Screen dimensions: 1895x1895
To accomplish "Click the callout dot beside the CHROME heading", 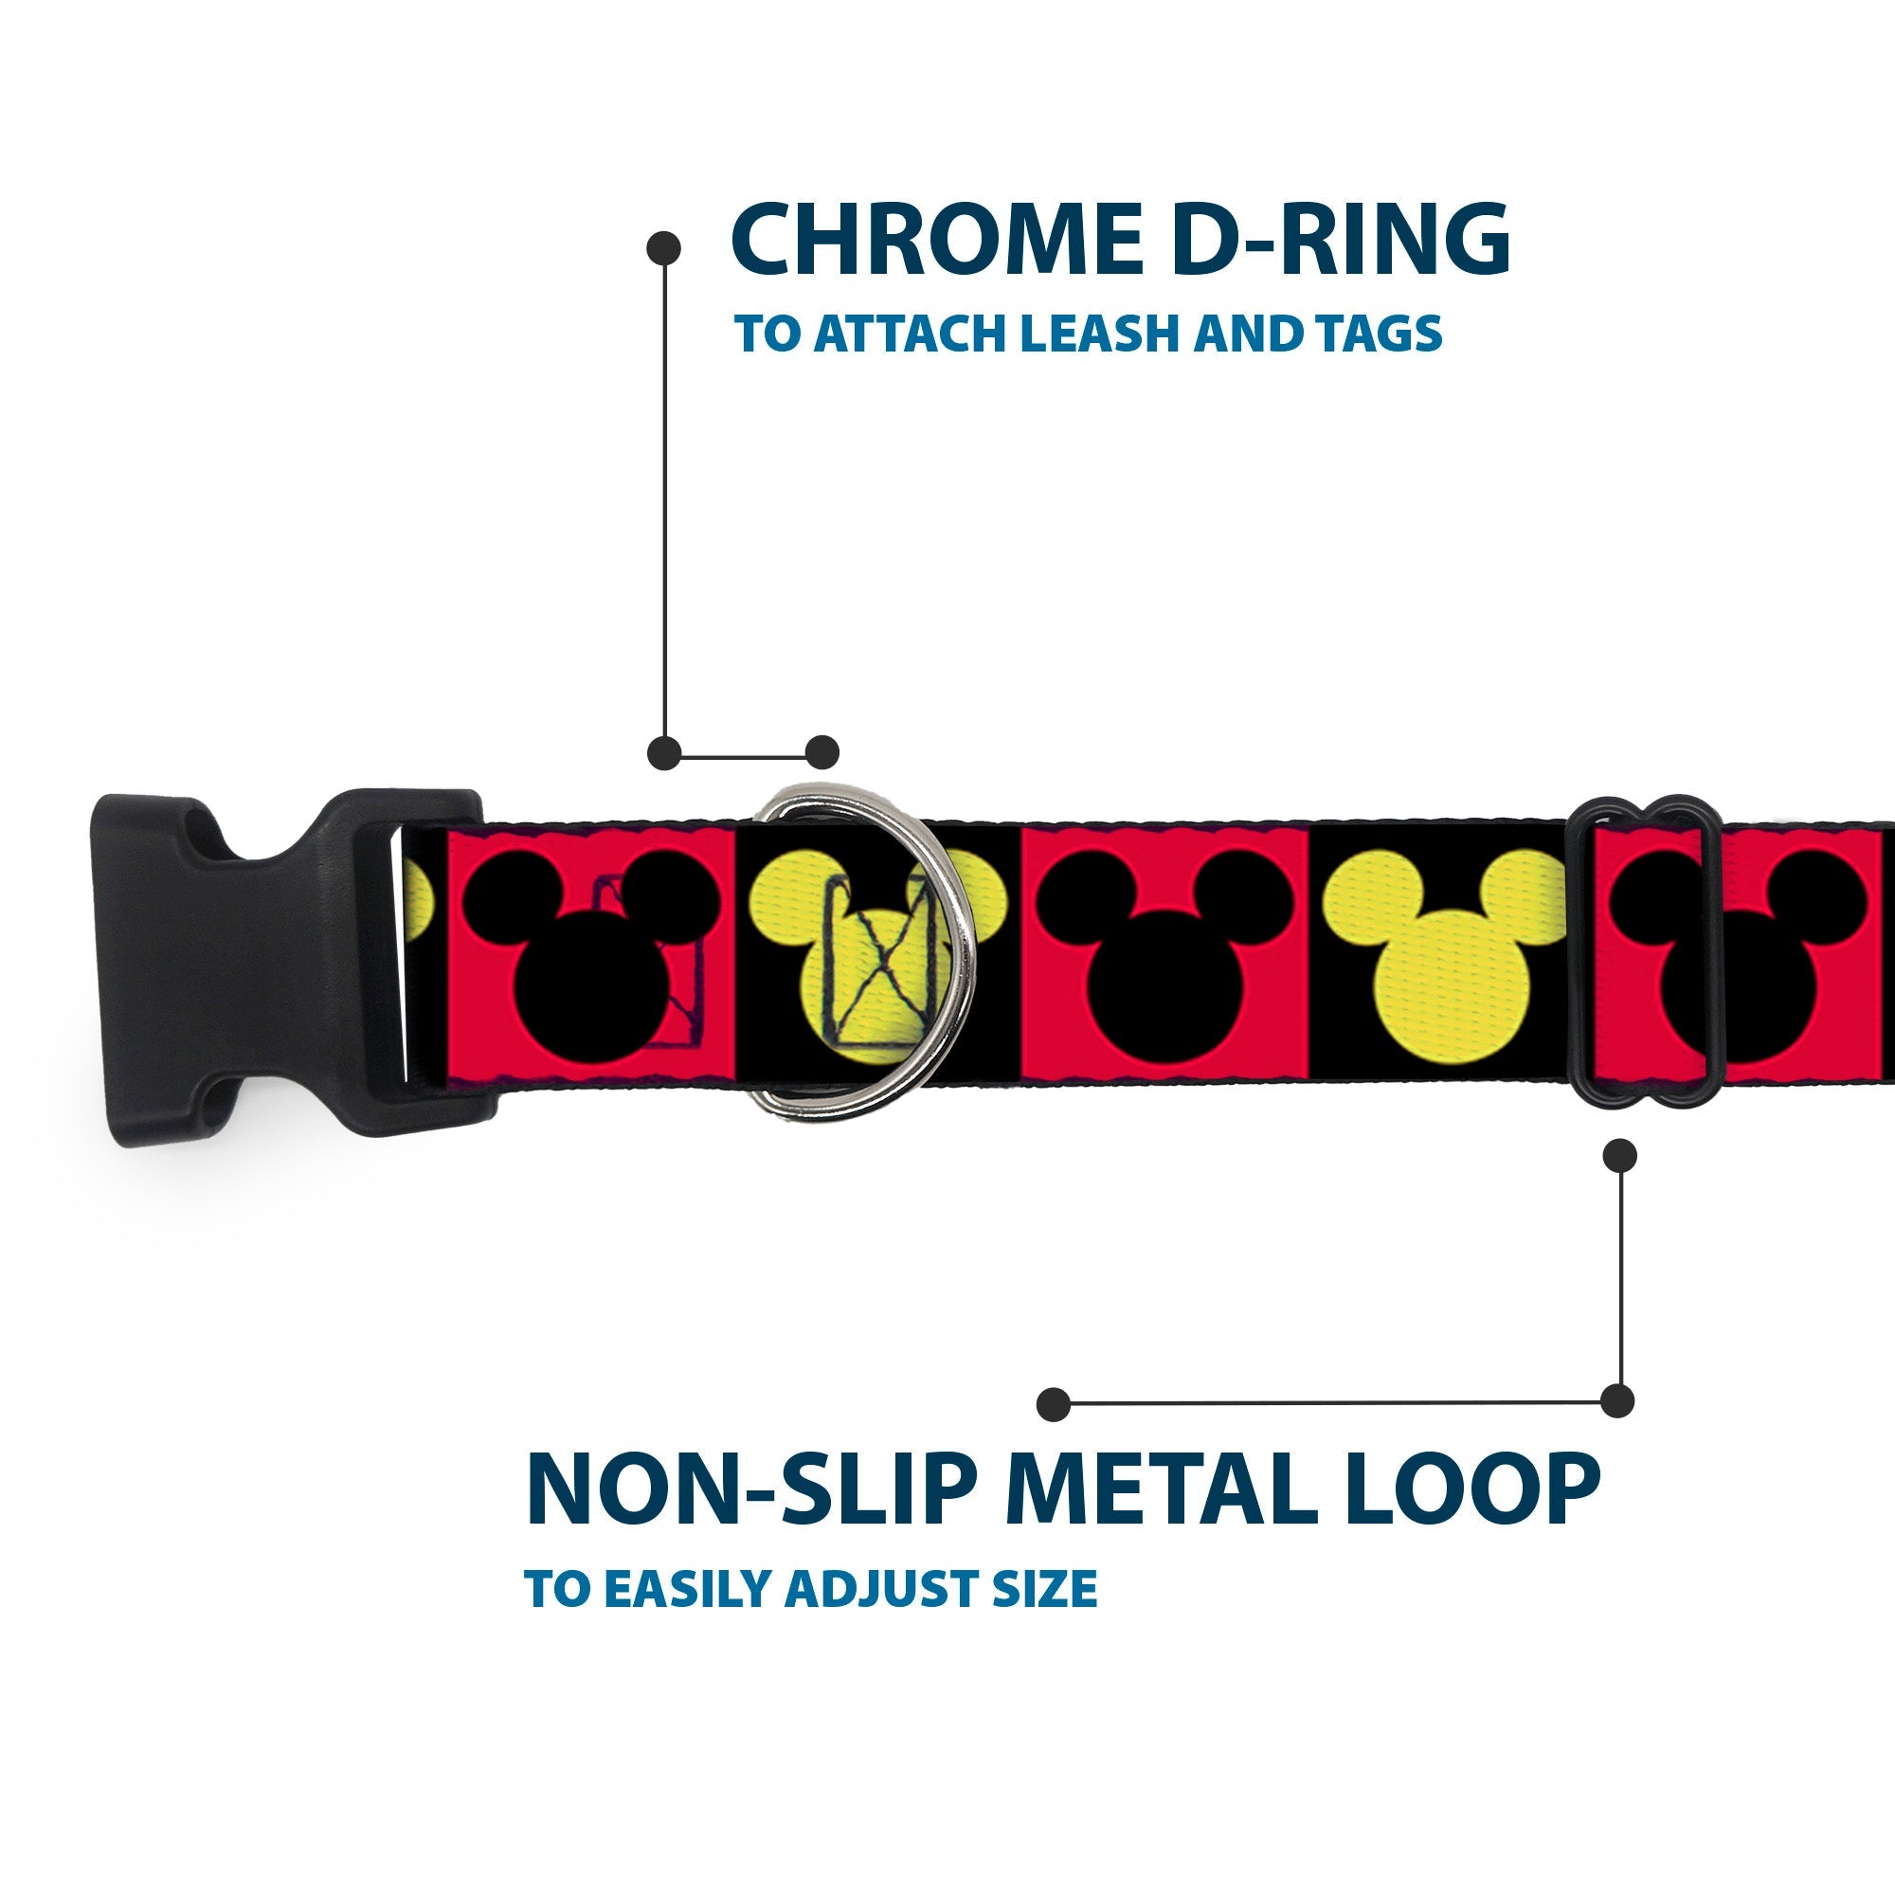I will coord(664,248).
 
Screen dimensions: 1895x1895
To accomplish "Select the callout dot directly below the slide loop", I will coord(1618,1155).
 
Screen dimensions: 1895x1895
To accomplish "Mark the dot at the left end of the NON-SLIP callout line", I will coord(1053,1403).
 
